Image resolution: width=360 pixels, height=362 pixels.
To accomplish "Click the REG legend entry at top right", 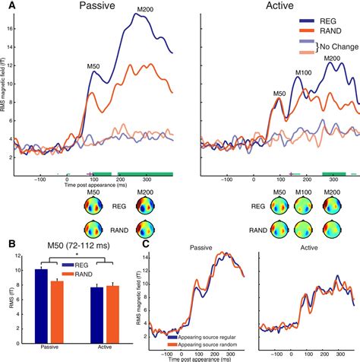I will coord(335,23).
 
